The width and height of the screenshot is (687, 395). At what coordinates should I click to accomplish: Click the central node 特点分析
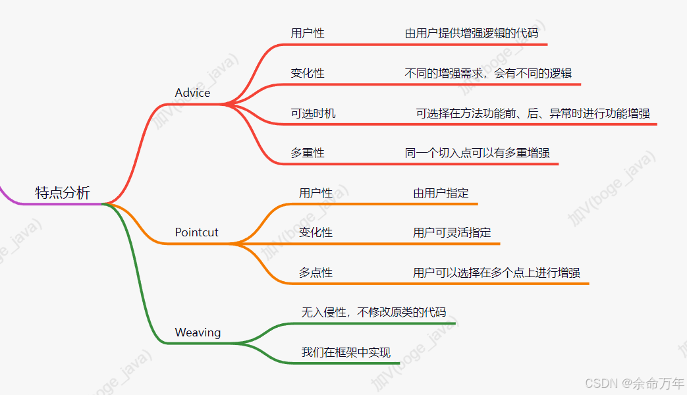pyautogui.click(x=63, y=193)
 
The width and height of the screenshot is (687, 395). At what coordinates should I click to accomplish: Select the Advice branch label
pyautogui.click(x=192, y=93)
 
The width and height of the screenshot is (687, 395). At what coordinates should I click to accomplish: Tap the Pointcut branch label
pyautogui.click(x=196, y=232)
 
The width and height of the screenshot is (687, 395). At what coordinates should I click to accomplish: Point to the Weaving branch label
pyautogui.click(x=198, y=332)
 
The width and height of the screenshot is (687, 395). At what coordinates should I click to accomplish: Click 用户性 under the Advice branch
pyautogui.click(x=308, y=33)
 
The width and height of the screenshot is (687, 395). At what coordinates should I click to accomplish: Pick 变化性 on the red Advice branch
pyautogui.click(x=308, y=73)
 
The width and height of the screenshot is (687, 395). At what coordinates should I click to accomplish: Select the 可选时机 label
pyautogui.click(x=313, y=113)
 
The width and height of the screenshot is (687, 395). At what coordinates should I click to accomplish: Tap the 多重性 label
pyautogui.click(x=308, y=153)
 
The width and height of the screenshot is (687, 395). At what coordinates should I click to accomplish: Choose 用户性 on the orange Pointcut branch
pyautogui.click(x=316, y=193)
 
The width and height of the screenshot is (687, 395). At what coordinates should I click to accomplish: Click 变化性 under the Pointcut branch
pyautogui.click(x=316, y=232)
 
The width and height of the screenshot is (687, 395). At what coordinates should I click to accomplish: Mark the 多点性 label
pyautogui.click(x=316, y=273)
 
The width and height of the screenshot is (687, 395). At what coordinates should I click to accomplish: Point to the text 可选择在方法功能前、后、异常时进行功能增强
pyautogui.click(x=533, y=113)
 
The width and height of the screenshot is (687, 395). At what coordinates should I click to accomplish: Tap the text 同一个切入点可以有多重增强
pyautogui.click(x=477, y=153)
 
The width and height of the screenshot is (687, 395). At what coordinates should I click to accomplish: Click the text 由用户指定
pyautogui.click(x=441, y=193)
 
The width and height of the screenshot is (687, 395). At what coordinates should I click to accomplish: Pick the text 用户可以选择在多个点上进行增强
pyautogui.click(x=497, y=273)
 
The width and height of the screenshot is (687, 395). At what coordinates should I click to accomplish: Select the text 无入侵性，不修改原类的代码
pyautogui.click(x=373, y=312)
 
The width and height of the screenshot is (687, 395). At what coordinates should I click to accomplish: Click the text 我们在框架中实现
pyautogui.click(x=346, y=352)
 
